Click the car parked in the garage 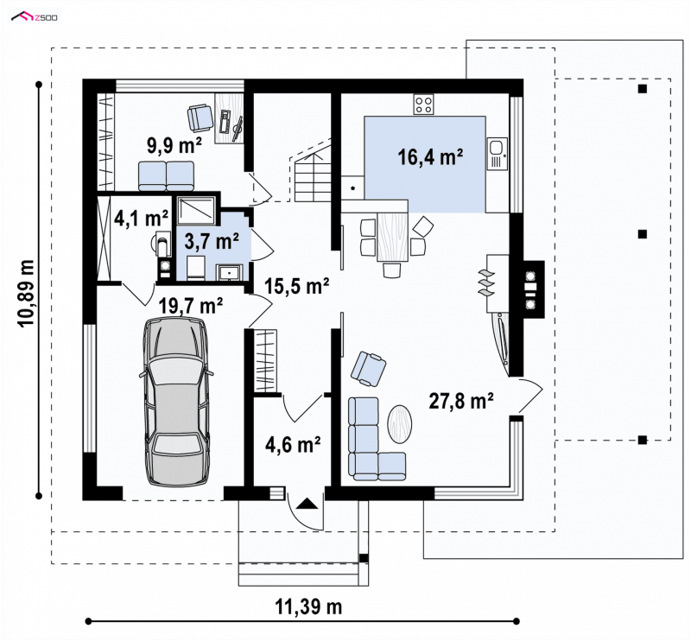point(176,402)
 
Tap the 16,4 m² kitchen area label point(430,156)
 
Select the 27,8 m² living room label point(461,401)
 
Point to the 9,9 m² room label point(174,145)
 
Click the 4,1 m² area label point(141,218)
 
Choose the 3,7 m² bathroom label point(212,241)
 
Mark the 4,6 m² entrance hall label point(293,444)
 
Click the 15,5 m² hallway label point(297,286)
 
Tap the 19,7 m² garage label point(190,306)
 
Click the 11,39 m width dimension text point(309,607)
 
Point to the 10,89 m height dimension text point(27,293)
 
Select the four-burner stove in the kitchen point(423,105)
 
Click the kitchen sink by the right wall point(498,154)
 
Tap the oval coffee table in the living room point(400,424)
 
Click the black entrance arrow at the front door point(307,503)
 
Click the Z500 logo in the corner point(35,17)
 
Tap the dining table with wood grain point(393,236)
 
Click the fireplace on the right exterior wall point(533,289)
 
